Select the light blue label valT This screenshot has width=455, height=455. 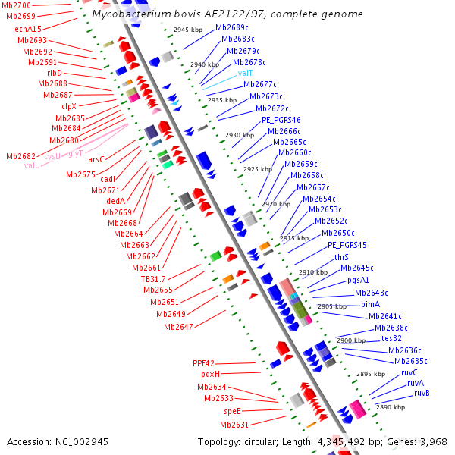(246, 74)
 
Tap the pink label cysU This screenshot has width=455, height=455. (52, 156)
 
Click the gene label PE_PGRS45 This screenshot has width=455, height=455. (347, 246)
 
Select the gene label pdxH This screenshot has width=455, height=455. (210, 375)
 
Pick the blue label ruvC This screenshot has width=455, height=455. (409, 372)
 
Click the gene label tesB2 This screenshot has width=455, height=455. (391, 338)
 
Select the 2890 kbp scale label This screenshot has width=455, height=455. (391, 407)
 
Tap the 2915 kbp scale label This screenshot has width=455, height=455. (293, 238)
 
